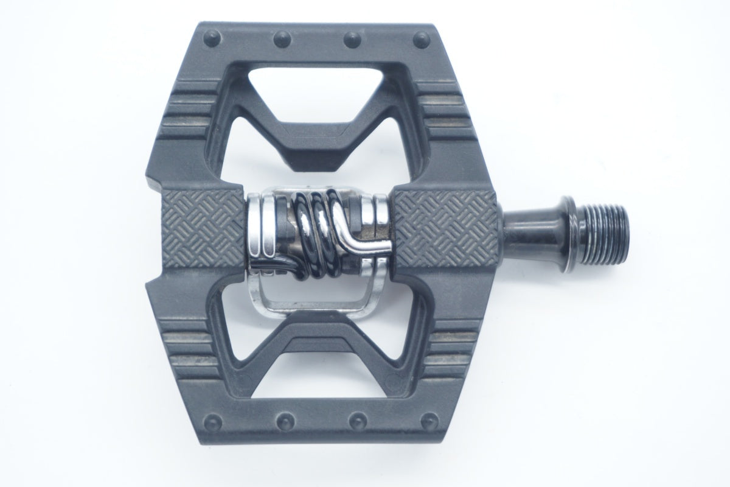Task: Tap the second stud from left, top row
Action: (x=281, y=38)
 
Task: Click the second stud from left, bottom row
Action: (x=283, y=421)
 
